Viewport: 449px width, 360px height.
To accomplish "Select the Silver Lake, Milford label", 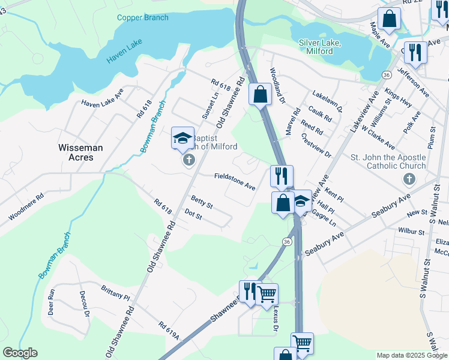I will click(x=320, y=46).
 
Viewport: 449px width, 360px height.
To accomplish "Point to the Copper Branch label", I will click(x=143, y=17).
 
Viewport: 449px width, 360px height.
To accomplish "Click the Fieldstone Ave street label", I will click(x=235, y=182).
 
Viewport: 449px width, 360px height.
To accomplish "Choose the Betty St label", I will click(x=202, y=202).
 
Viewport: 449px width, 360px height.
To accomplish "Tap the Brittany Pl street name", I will click(x=115, y=293).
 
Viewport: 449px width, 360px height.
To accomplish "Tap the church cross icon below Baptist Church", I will click(x=188, y=160).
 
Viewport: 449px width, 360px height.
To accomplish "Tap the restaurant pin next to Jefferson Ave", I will click(x=415, y=53).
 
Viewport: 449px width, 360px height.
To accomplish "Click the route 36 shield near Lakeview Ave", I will click(x=387, y=74).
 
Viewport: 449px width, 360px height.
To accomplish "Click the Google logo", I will click(x=20, y=353).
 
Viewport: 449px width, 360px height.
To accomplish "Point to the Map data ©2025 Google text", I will click(x=411, y=355).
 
